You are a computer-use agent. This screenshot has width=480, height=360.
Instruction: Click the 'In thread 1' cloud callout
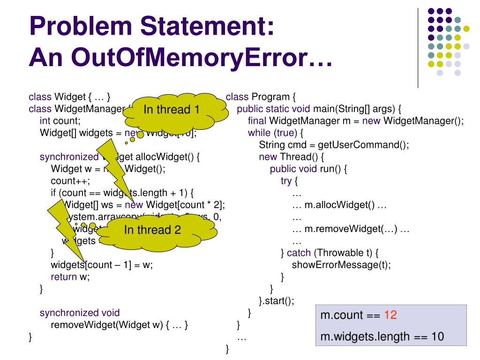point(172,110)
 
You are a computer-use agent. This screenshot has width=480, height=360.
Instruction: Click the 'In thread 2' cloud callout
point(152,230)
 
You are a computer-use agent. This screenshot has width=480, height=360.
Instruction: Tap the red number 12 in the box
point(390,315)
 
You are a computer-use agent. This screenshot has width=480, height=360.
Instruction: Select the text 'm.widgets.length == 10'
point(382,337)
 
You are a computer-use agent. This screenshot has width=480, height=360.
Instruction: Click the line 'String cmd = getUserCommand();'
point(334,145)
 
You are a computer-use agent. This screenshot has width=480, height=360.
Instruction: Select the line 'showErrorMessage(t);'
point(341,265)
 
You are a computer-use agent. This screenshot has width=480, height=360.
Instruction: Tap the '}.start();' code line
point(277,301)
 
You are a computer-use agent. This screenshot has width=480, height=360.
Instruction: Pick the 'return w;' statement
point(70,277)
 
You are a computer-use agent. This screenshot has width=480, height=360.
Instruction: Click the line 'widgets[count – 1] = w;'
point(102,265)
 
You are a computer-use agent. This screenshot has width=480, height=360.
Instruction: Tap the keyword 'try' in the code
point(286,181)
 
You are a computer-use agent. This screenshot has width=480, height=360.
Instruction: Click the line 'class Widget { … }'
point(70,97)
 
